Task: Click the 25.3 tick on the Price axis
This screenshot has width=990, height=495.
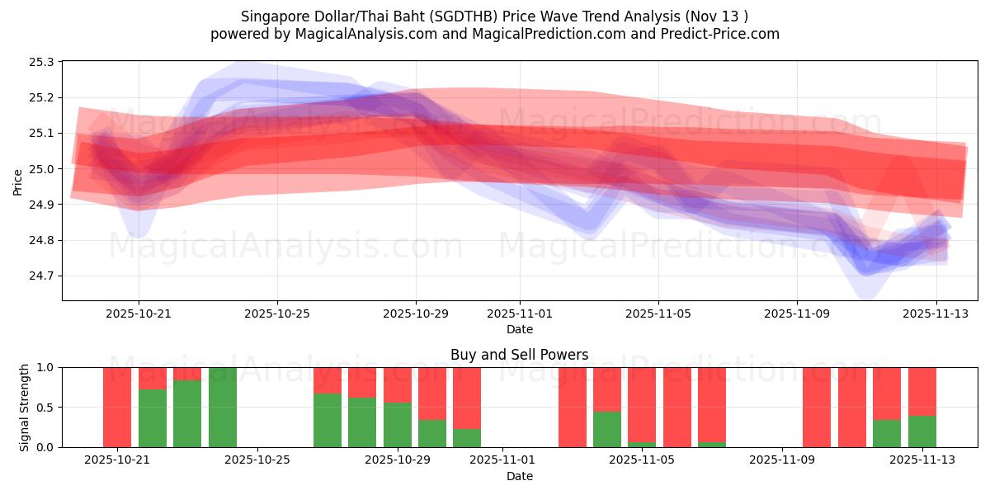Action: coord(42,62)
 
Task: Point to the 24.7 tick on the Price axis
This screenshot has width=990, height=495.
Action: coord(42,276)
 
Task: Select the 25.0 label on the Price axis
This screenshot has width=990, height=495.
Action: coord(42,169)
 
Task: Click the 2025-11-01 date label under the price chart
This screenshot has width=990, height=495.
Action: coord(520,313)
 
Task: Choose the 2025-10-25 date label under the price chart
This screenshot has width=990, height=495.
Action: coord(277,313)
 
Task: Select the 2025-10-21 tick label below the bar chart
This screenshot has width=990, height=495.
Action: coord(117,460)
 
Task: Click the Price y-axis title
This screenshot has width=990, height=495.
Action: coord(18,181)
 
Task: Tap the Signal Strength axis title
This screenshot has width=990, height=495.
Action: coord(25,408)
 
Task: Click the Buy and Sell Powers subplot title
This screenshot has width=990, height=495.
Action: coord(520,355)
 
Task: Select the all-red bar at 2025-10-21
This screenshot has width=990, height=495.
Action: coord(117,408)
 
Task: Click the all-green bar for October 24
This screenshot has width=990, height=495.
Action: coord(223,408)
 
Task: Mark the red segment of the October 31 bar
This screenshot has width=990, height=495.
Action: coord(467,398)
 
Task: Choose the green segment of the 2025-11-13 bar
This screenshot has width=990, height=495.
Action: coord(922,431)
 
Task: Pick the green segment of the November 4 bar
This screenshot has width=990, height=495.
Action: coord(607,429)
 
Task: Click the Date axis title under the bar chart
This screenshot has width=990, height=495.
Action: coord(520,476)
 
